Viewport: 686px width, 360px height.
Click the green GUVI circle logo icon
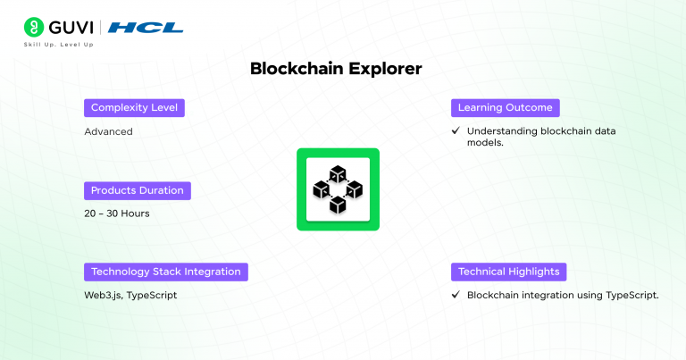(34, 27)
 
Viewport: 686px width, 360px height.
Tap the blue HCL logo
(146, 28)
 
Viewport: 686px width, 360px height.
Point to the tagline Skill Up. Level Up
(59, 45)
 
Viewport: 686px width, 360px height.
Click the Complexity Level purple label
(134, 107)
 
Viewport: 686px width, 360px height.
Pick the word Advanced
(108, 131)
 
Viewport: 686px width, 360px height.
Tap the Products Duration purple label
(138, 190)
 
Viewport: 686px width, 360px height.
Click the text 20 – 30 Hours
(117, 213)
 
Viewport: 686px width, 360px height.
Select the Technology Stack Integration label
(166, 272)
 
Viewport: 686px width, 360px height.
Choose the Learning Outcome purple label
(506, 107)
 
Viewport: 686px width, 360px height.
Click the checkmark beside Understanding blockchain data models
(456, 130)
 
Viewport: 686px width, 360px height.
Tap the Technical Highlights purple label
(509, 272)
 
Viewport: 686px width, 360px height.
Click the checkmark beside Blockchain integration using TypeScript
(456, 295)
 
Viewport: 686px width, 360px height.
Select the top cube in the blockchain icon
(338, 174)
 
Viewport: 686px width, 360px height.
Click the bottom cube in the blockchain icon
(338, 205)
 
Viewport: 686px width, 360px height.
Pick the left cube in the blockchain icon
(322, 189)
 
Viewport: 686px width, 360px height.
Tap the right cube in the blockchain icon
(355, 189)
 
